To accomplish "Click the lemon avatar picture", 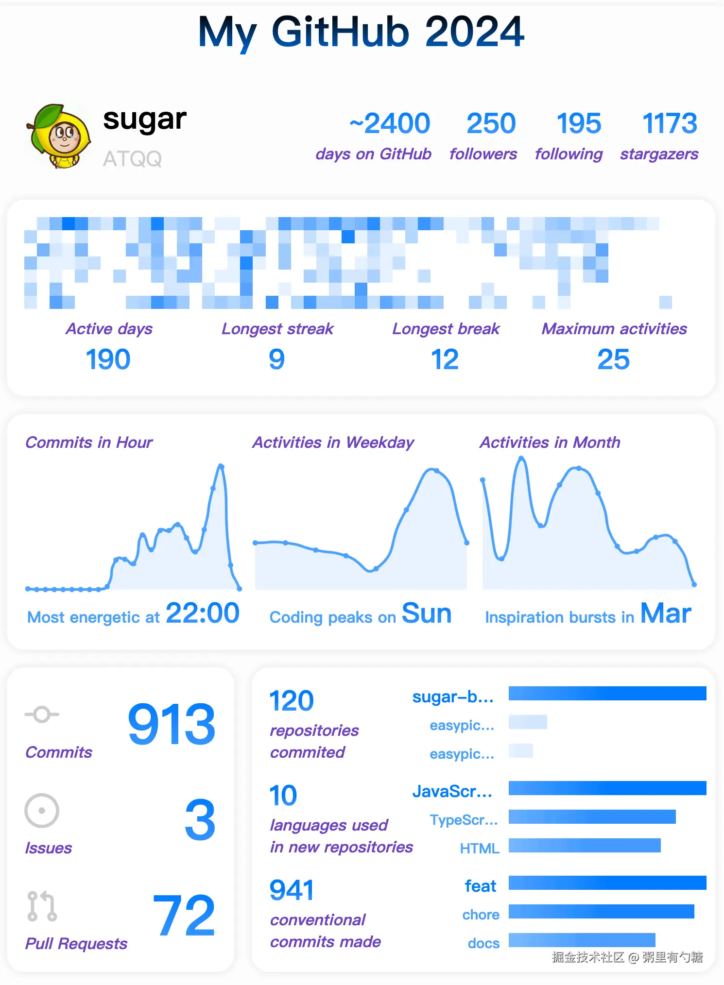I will [x=59, y=136].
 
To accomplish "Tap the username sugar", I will [x=145, y=119].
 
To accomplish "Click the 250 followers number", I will [x=491, y=123].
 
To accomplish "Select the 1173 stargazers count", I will [x=670, y=123].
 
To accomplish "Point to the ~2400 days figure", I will [x=390, y=123].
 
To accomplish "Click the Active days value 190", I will [x=108, y=359].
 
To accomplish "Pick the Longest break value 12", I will [x=445, y=359].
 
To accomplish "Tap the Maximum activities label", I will [x=614, y=329].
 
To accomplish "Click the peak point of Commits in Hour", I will [x=222, y=466].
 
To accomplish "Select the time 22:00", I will [x=203, y=613].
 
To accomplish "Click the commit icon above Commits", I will [x=42, y=714].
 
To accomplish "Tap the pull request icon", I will [x=42, y=906].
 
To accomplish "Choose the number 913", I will [x=172, y=724].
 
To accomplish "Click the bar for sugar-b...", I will [x=607, y=693].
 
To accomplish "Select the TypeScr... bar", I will [x=592, y=817].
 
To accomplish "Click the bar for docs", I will [x=582, y=940].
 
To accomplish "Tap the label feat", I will [x=480, y=886].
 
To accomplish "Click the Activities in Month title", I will [x=550, y=442].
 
